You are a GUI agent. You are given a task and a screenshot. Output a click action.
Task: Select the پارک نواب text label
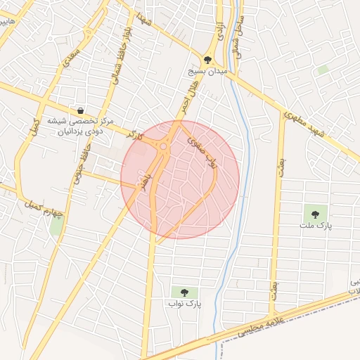point(184,304)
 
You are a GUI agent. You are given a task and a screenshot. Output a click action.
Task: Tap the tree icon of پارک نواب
point(184,292)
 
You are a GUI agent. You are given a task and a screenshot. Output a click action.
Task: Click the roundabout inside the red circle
point(164,147)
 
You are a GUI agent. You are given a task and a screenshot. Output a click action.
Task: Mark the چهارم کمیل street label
point(44,209)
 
